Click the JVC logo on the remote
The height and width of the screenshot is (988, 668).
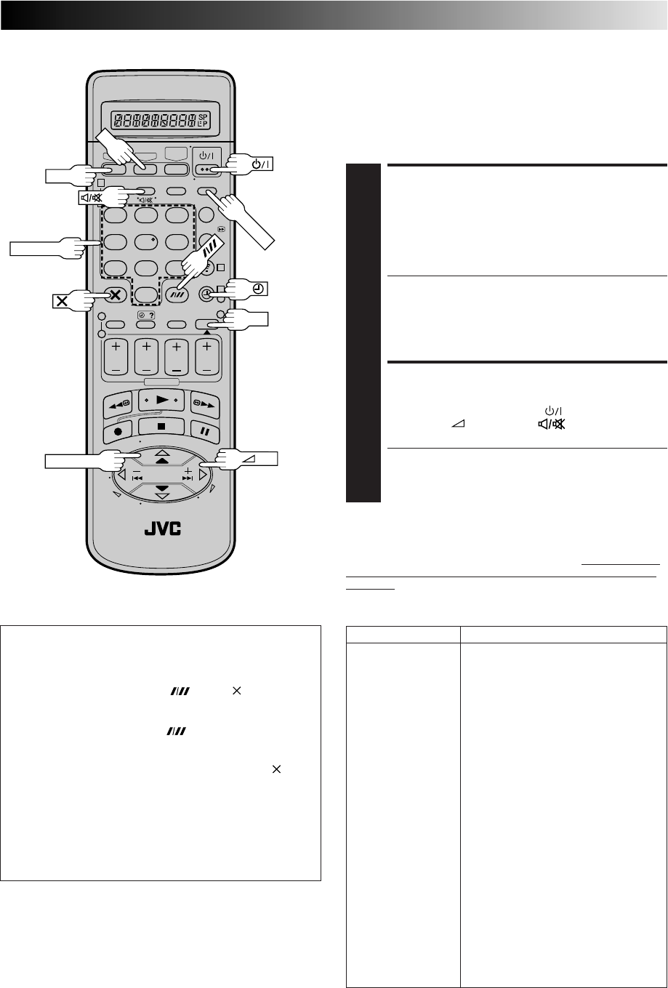click(x=162, y=529)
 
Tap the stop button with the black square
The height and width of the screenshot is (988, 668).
click(x=161, y=427)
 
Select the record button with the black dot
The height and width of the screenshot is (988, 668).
click(x=118, y=431)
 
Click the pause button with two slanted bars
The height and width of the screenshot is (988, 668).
click(x=205, y=431)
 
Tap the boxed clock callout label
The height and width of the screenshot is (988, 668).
click(x=259, y=289)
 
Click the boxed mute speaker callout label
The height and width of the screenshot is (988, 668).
click(x=91, y=198)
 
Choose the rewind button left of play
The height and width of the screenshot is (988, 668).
click(x=118, y=404)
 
